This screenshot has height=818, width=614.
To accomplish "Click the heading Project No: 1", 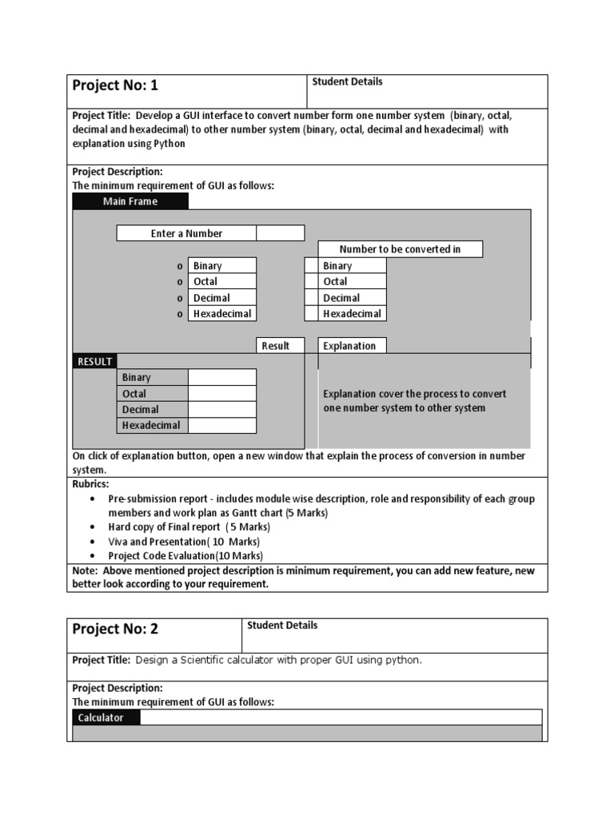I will pos(115,85).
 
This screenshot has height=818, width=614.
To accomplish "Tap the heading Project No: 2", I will pos(115,629).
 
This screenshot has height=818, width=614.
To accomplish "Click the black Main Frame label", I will pos(130,201).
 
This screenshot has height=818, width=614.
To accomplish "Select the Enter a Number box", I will pos(186,233).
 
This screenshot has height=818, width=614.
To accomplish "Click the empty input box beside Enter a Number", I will pos(280,233).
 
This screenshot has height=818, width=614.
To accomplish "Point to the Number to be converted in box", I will pos(400,249).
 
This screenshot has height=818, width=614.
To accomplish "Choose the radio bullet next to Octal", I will pos(180,282).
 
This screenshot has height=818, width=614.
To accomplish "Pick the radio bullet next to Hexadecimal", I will pos(180,314).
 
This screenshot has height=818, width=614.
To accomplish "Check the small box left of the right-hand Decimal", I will pos(311,298).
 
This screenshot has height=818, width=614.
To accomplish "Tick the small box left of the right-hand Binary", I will pos(311,266).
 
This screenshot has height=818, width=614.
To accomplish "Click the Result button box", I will pos(275,346).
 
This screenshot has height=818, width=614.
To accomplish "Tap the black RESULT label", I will pos(94,362).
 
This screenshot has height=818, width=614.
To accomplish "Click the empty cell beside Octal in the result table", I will pos(222,394).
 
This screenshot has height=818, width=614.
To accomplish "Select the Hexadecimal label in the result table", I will pos(151,426).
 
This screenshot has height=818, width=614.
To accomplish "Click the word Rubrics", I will pos(90,484).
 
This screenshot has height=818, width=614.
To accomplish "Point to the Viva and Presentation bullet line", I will pos(184,542).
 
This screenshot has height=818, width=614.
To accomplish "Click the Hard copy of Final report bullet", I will pos(189,527).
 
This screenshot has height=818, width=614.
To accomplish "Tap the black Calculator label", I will pos(101,717).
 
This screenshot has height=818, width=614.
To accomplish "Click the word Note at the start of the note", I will pos(85,571).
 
